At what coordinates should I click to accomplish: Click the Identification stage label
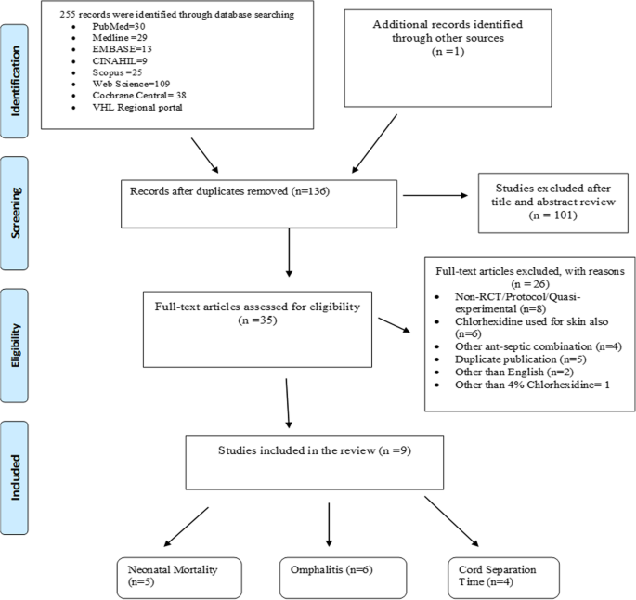coord(15,81)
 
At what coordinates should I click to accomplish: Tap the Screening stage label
coord(15,214)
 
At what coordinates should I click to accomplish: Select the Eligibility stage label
coord(15,346)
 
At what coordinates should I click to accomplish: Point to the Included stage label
coord(15,477)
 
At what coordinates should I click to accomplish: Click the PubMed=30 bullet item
coord(119,26)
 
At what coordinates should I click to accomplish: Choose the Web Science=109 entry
coord(131,84)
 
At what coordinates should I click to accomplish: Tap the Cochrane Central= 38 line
coord(139,96)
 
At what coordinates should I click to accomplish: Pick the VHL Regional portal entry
coord(137,108)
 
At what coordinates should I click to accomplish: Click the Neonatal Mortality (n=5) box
coord(179,578)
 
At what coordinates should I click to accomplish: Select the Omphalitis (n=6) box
coord(343,578)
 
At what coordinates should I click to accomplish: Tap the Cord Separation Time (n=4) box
coord(503,578)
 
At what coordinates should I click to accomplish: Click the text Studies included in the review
coord(296,450)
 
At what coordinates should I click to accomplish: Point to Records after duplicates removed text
coord(209,191)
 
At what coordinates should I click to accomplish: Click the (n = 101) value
coord(552,215)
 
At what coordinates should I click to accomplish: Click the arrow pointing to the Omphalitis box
coord(329,525)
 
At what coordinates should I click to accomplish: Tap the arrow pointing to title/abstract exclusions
coord(435,196)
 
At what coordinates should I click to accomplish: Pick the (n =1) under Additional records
coord(448,51)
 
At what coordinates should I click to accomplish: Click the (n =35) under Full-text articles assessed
coord(257,320)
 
